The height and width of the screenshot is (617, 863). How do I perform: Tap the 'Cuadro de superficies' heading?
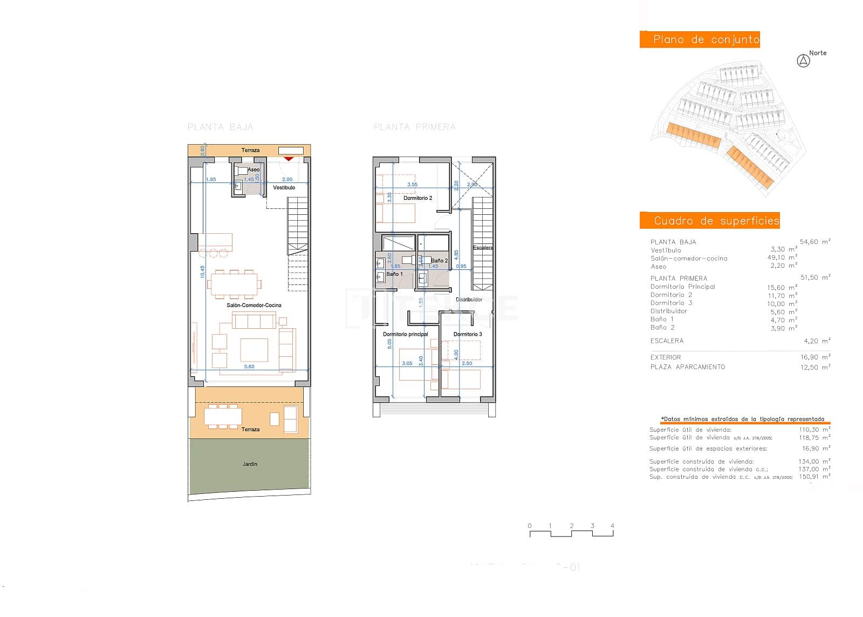pos(710,220)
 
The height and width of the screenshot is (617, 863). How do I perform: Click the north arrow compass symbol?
pos(803,61)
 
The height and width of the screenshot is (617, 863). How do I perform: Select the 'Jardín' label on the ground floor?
pos(249,464)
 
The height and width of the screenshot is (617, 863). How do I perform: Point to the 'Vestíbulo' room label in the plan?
pos(284,188)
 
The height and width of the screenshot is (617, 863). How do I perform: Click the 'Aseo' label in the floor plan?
pos(253,169)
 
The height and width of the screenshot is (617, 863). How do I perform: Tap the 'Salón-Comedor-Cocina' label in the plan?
pos(254,306)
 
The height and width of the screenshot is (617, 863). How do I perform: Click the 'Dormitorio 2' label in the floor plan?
pos(417,198)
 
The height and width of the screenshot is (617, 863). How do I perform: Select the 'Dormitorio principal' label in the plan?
pos(405,334)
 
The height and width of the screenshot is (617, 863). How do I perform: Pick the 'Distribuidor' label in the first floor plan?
pos(469,300)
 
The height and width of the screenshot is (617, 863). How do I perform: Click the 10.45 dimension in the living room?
pos(202,272)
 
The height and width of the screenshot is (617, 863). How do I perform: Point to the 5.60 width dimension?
pos(249,367)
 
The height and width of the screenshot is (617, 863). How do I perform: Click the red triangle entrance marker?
pos(289,158)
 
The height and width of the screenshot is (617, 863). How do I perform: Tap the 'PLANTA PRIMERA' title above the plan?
pos(414,127)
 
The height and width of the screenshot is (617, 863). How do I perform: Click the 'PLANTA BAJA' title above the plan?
pos(220,127)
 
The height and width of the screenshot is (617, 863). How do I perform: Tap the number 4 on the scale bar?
pos(612,526)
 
